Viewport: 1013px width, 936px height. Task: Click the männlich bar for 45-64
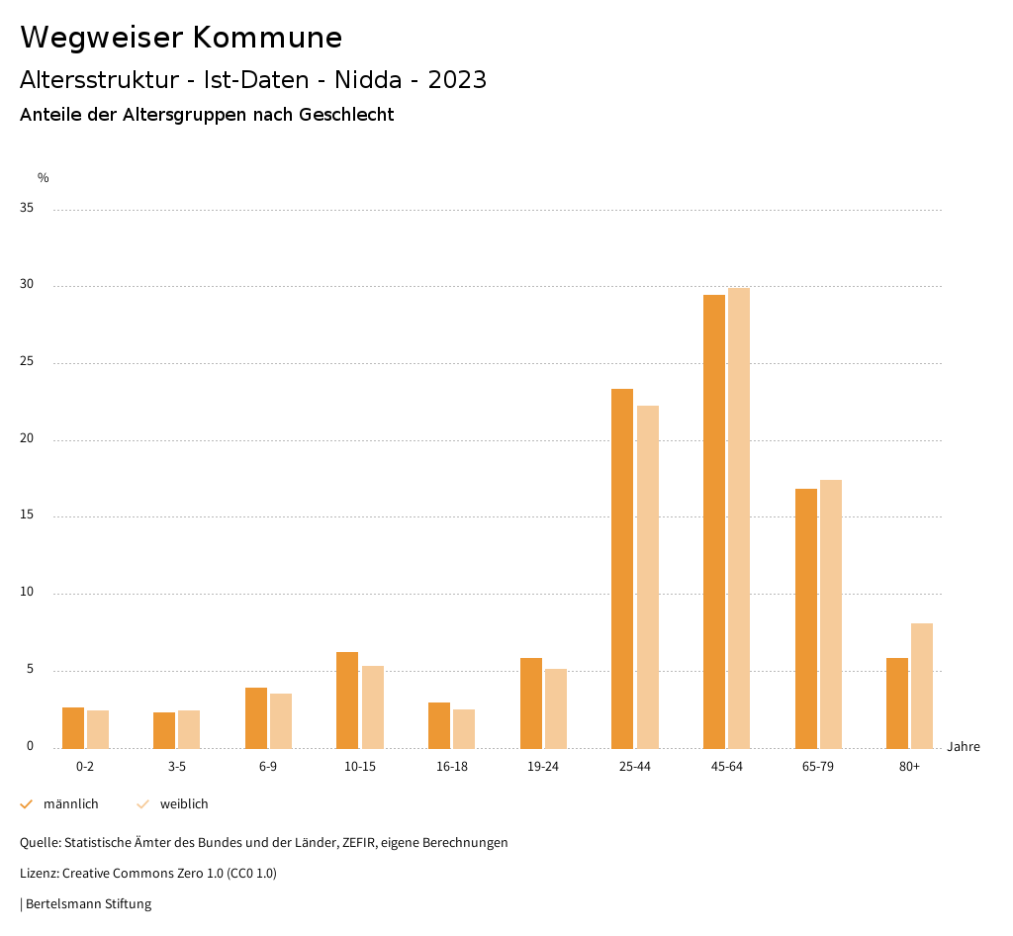click(714, 521)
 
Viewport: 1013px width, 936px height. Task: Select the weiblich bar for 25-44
click(648, 577)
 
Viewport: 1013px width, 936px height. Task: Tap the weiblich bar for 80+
click(922, 686)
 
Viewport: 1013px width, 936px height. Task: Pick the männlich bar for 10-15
click(347, 701)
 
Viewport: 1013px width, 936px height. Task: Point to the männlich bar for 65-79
click(806, 618)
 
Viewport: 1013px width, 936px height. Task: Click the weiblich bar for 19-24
click(556, 708)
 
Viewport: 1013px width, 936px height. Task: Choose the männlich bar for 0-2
click(73, 728)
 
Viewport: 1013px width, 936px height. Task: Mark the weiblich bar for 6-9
click(281, 721)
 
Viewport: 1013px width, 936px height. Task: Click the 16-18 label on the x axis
click(451, 767)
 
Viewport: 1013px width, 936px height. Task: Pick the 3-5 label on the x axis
click(177, 767)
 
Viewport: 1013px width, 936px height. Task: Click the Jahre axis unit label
click(963, 747)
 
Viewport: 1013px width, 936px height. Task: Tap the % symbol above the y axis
click(44, 178)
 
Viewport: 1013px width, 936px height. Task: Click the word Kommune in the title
click(267, 38)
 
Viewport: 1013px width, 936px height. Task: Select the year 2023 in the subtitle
click(457, 80)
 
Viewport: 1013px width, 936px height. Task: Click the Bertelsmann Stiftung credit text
click(88, 904)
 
